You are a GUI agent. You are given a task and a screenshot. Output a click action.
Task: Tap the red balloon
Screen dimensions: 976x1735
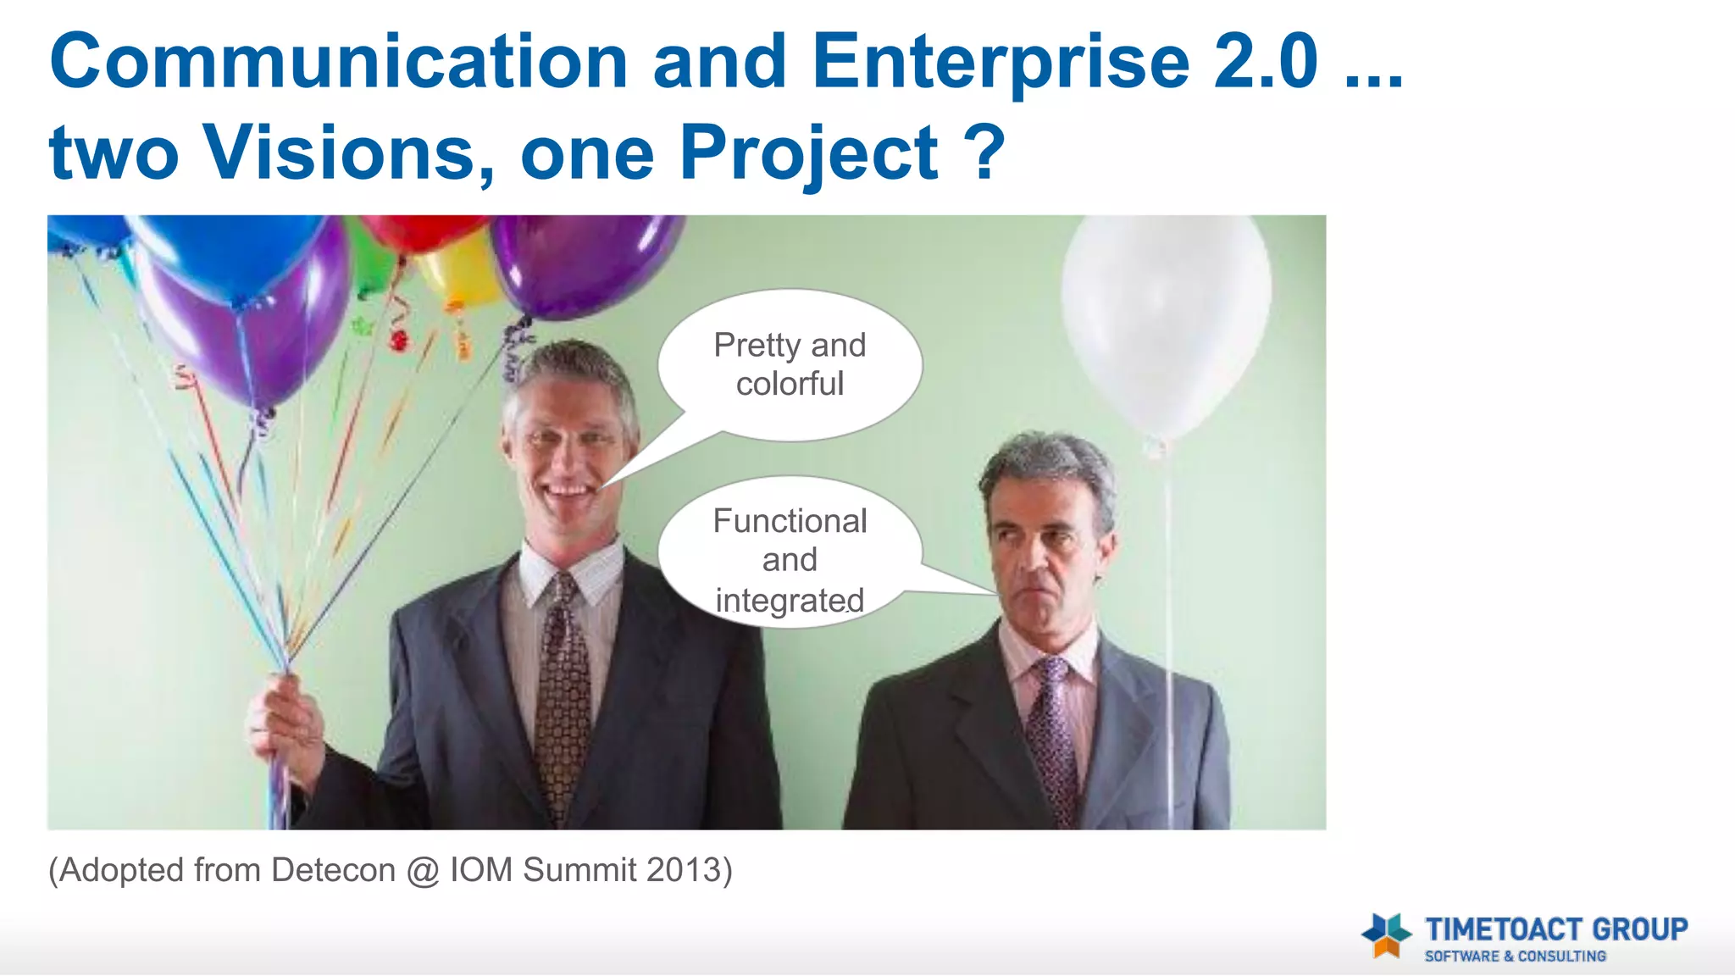tap(424, 230)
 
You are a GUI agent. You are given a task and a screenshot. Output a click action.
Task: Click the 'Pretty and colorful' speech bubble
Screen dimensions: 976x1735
tap(790, 364)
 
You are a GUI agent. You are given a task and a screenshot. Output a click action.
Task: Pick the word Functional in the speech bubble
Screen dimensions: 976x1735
tap(790, 521)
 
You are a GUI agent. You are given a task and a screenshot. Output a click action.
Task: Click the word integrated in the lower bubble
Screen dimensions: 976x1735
tap(790, 600)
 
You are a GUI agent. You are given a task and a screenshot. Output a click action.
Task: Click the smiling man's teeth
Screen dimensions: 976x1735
tap(566, 491)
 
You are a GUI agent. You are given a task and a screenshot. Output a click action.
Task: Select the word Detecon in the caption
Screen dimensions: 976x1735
tap(333, 870)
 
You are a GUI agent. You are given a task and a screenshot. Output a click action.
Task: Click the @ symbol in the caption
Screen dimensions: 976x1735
tap(423, 871)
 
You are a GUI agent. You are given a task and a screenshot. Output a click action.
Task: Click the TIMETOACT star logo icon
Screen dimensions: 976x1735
tap(1386, 935)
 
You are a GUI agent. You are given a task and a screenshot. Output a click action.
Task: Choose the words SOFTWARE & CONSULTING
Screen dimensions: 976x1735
tap(1515, 957)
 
